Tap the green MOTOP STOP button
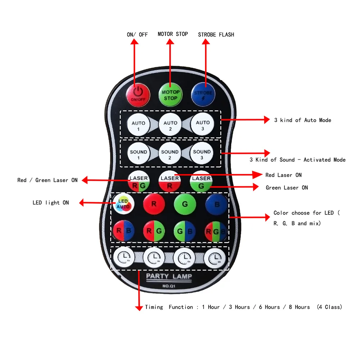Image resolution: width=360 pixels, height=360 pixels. coord(170,95)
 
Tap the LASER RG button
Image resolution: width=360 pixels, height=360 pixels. coord(138,182)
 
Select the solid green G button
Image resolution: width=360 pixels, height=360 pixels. coord(185,204)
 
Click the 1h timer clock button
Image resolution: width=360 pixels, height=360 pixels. coord(124,258)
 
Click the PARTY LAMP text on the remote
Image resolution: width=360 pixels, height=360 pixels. coord(169,276)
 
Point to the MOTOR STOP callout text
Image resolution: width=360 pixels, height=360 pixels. coord(173,34)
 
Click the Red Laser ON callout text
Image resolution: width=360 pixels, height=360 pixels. coord(283,175)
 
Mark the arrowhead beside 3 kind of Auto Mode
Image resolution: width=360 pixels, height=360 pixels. coord(266,120)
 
